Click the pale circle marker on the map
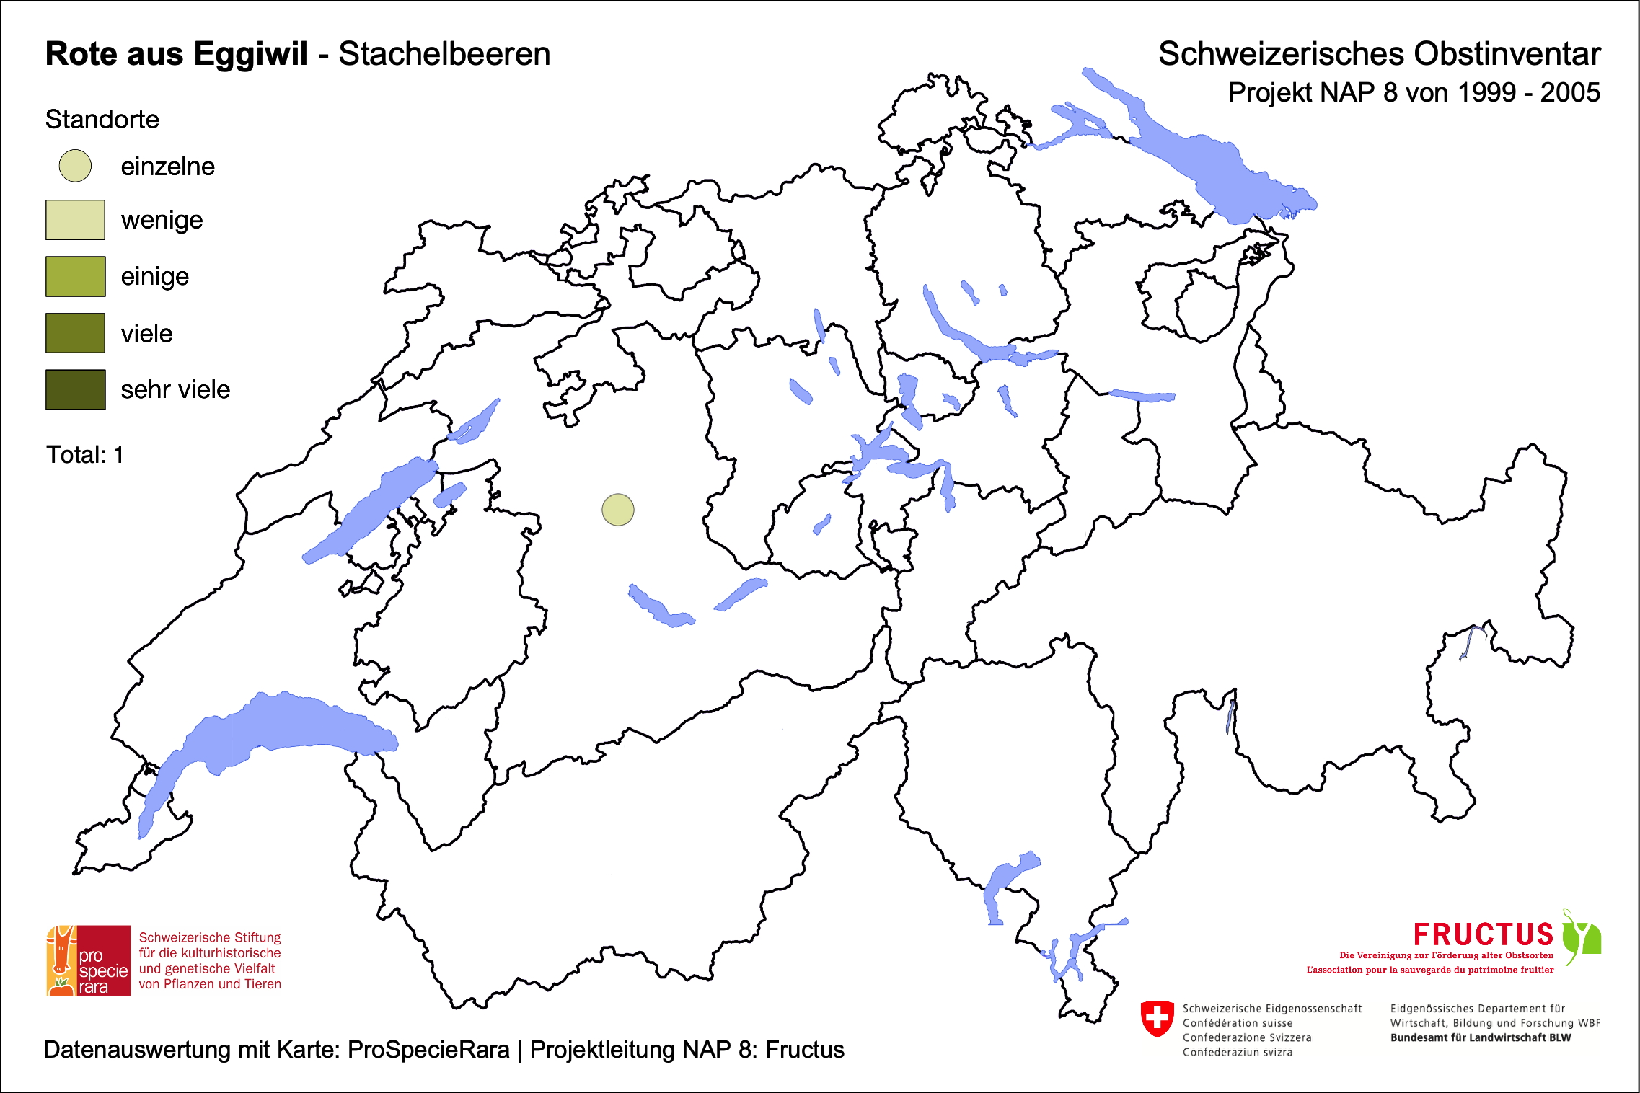618,510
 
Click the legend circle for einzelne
75,166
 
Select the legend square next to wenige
75,220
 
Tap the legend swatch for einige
75,276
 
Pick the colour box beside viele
75,333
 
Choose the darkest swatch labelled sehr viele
75,389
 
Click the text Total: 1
84,455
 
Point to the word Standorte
102,120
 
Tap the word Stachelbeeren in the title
444,54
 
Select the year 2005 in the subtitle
1570,93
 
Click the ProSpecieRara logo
89,960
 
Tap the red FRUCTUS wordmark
1483,934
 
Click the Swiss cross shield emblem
1158,1018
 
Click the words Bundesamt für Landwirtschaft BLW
1480,1037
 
